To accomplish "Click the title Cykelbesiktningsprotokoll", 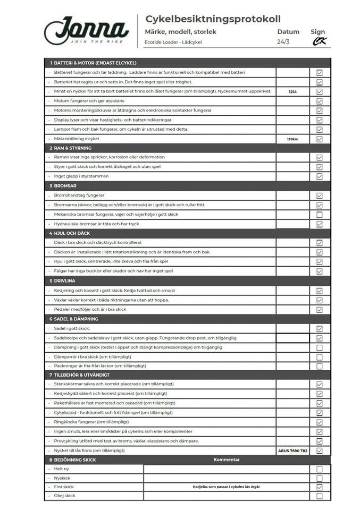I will (213, 19).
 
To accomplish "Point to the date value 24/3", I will (283, 42).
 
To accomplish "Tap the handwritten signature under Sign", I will (319, 41).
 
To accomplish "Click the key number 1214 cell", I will (292, 92).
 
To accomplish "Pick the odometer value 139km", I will (292, 139).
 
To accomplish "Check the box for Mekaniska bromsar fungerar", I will (320, 215).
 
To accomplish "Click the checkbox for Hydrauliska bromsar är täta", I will (320, 224).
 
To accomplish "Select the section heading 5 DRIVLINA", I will (64, 282).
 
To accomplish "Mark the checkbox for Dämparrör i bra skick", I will (320, 357).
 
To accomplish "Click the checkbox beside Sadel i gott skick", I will (320, 329).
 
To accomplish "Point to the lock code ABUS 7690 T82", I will (292, 450).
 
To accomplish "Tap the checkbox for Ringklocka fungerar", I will (320, 422).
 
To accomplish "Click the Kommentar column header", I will (227, 460).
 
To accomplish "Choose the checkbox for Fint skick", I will (320, 487).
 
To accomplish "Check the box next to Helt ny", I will (320, 469).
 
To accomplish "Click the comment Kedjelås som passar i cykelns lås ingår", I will (227, 487).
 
